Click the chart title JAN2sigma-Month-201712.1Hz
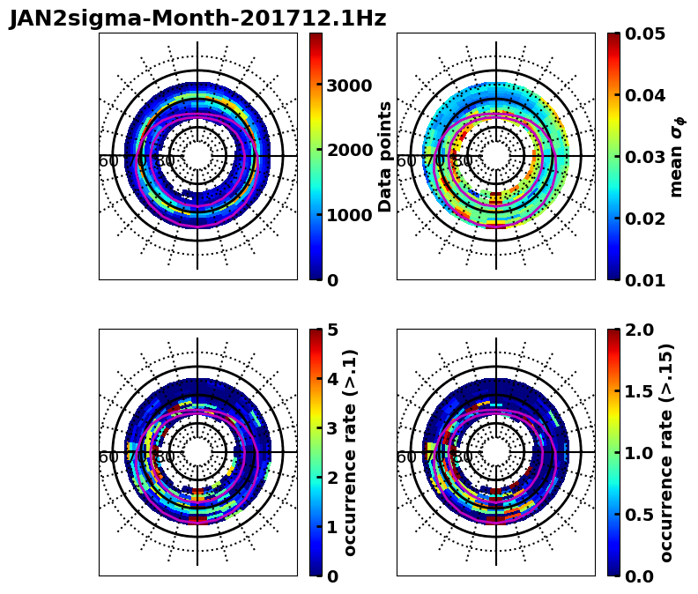197,19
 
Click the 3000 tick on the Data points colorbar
349,85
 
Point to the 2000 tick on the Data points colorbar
349,151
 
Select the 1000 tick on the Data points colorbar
349,215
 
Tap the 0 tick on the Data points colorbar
332,280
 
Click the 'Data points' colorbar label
385,156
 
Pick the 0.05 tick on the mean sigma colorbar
645,33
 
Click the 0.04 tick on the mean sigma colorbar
645,95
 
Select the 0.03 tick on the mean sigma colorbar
645,157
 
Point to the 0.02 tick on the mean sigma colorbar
645,219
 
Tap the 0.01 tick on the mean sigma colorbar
645,280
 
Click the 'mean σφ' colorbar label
677,157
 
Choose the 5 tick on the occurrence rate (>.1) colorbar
332,330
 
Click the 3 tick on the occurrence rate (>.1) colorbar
332,428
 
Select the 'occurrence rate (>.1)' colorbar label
350,452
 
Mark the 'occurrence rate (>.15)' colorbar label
666,452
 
